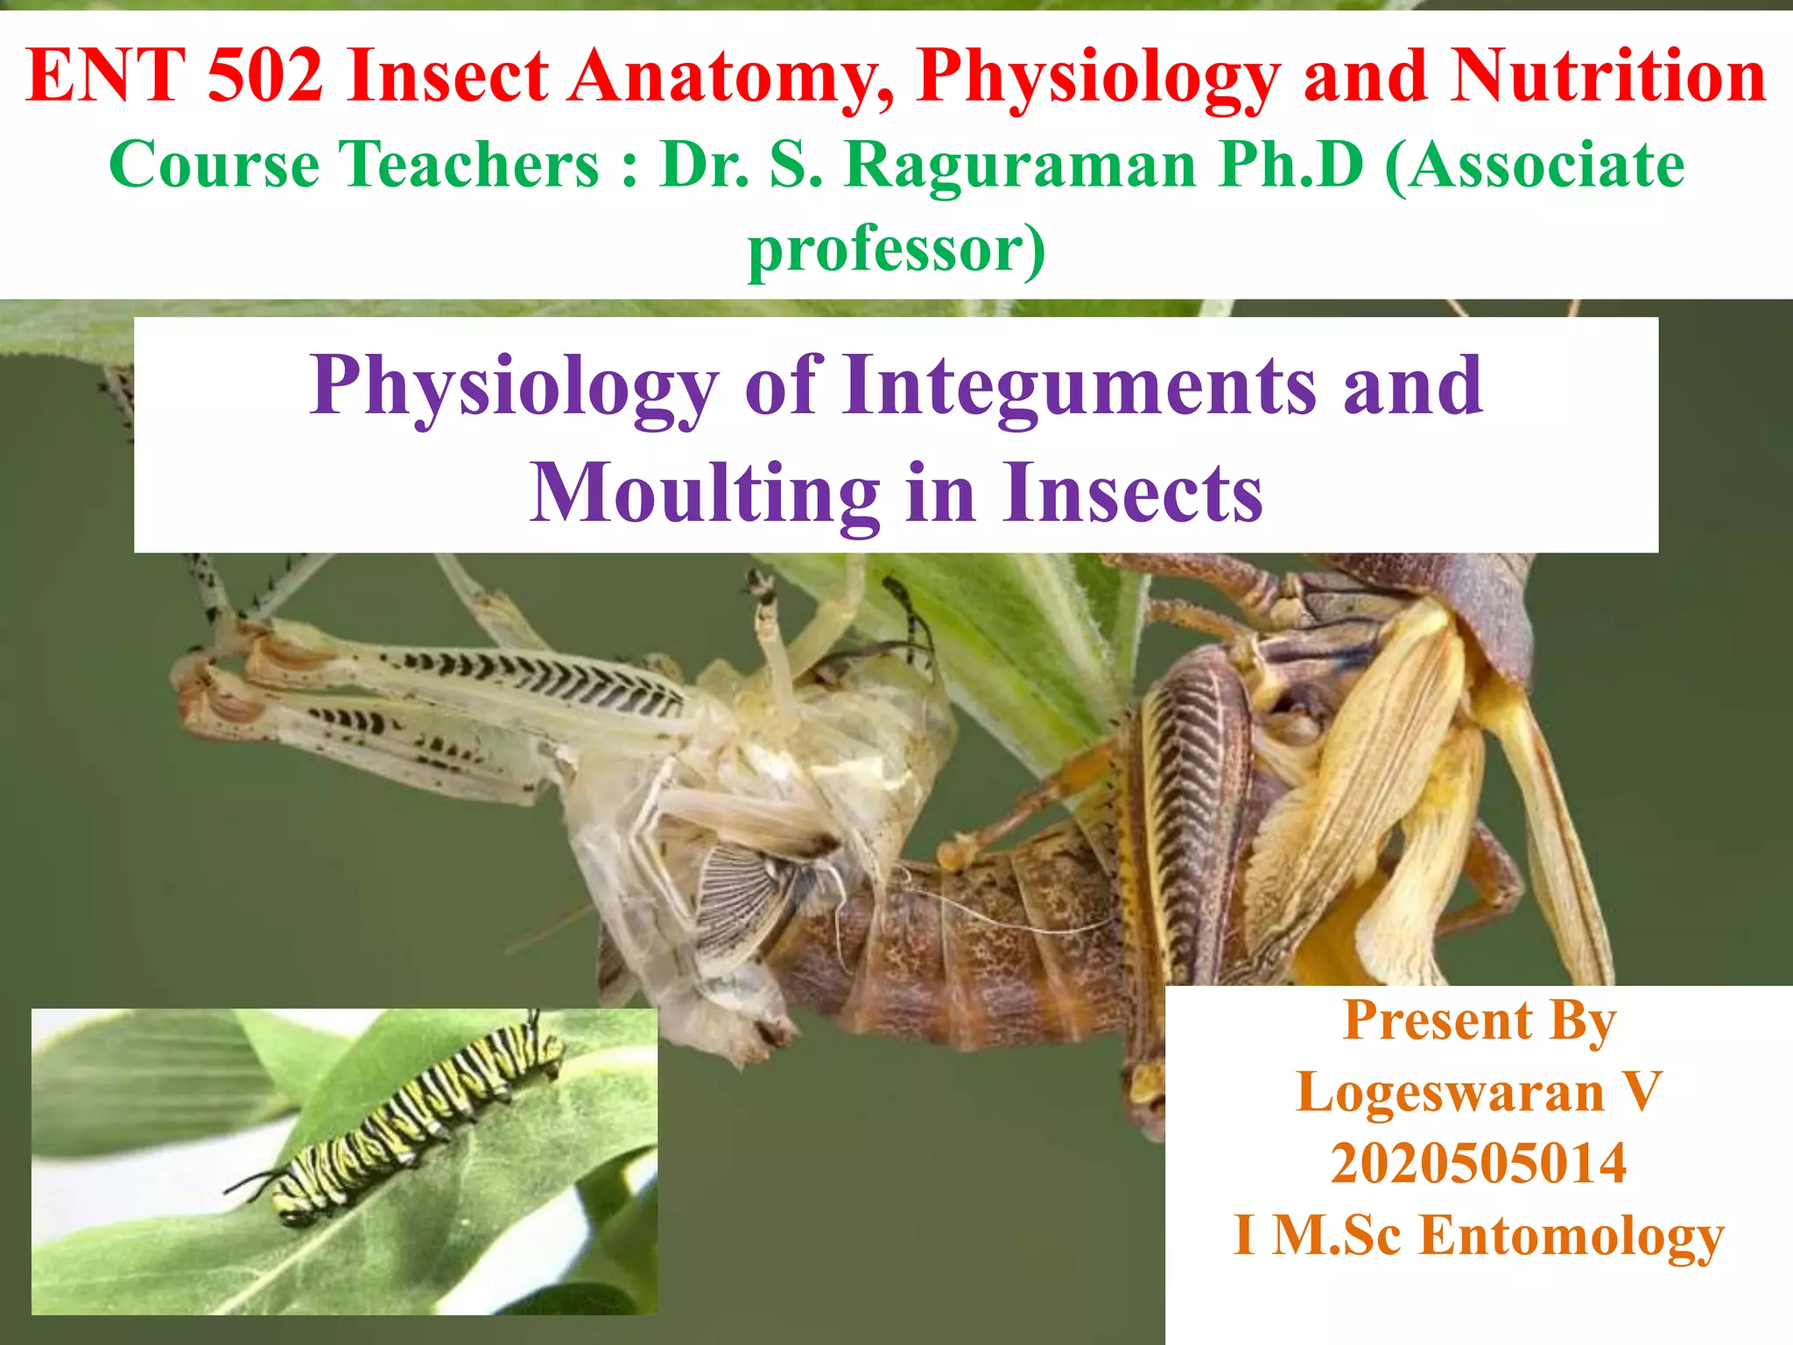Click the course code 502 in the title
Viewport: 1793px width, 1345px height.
265,75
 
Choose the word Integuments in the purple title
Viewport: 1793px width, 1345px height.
1079,385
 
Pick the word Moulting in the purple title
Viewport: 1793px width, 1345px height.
705,493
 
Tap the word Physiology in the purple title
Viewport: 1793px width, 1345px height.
514,387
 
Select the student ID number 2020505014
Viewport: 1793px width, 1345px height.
1479,1164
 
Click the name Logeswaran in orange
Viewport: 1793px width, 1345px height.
1450,1093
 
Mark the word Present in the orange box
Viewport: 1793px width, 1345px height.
1438,1021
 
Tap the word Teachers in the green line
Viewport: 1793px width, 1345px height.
468,165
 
